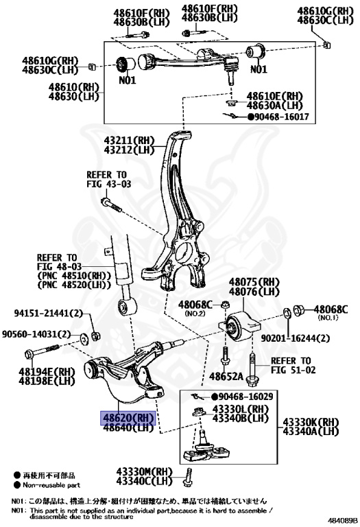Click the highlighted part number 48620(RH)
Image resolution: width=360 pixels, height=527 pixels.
(128, 417)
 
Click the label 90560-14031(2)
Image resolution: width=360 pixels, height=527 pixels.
(36, 333)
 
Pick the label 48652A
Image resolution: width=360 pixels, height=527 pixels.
(227, 377)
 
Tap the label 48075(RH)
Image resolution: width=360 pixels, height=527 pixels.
(254, 282)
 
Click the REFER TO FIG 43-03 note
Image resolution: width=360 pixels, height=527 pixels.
(108, 180)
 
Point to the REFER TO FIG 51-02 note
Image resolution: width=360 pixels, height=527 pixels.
(290, 366)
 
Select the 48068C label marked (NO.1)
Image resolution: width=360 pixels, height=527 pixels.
(331, 310)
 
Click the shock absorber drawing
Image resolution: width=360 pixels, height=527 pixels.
(125, 281)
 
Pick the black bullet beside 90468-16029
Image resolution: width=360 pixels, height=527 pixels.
(215, 397)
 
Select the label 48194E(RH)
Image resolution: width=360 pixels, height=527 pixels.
(47, 371)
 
